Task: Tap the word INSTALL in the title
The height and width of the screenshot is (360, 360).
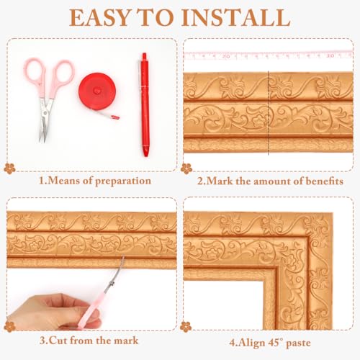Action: pyautogui.click(x=239, y=17)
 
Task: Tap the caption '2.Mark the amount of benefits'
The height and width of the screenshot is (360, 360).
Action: pyautogui.click(x=270, y=180)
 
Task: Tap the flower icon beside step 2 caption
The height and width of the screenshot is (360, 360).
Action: pyautogui.click(x=186, y=168)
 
